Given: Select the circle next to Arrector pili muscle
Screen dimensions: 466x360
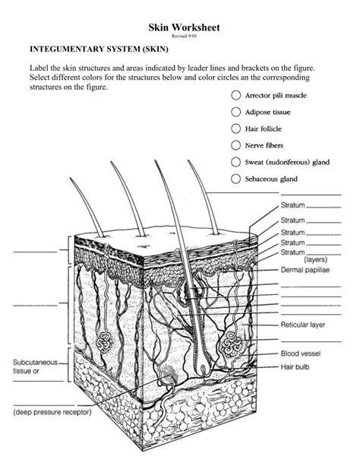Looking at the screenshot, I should pos(235,97).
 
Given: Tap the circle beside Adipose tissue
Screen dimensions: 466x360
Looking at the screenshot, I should pos(235,113).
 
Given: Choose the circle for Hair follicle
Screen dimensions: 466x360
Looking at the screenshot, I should pos(235,128).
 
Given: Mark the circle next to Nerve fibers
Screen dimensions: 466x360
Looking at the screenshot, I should pos(235,144).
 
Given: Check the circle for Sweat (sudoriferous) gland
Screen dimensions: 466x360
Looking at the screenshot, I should pos(235,161).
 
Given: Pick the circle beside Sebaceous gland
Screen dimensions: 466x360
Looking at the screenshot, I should pos(235,179).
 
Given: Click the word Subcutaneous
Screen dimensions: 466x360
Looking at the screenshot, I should pos(36,363).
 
